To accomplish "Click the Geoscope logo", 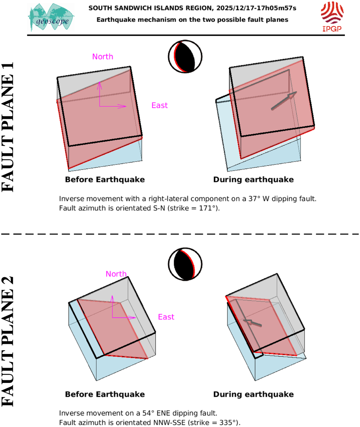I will (51, 17).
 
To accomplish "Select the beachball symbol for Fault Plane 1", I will (185, 57).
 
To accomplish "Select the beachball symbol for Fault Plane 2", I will (185, 264).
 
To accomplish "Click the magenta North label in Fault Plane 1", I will (103, 57).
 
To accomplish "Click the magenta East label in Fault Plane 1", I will (159, 105).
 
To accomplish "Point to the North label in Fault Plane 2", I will (116, 274).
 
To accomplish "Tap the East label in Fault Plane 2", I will (166, 317).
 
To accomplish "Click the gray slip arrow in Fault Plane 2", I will (252, 323).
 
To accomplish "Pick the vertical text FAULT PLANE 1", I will (8, 127).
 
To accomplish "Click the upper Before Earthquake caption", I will (105, 180).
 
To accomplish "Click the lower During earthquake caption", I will (253, 394).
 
